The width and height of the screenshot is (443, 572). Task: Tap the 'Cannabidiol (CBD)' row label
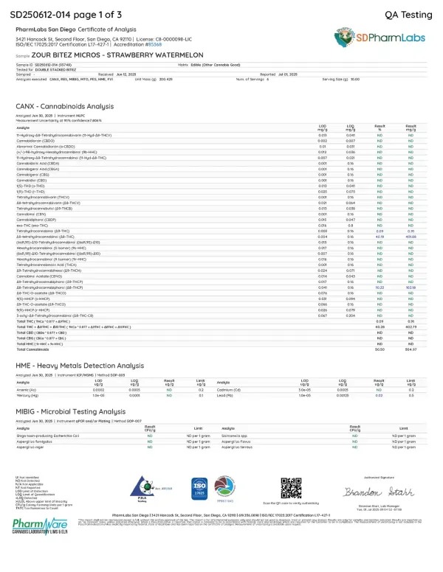32,158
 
